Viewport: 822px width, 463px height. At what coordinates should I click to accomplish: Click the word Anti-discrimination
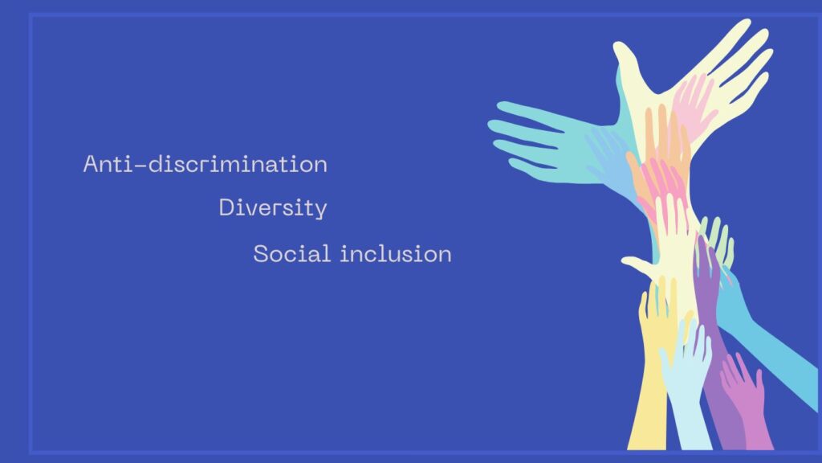(x=205, y=164)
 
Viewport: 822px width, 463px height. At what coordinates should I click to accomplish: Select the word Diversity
(x=273, y=208)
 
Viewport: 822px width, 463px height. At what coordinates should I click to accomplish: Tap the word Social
(x=292, y=253)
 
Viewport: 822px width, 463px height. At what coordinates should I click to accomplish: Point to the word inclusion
(x=396, y=253)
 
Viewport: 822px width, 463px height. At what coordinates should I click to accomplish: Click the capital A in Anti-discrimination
(x=92, y=164)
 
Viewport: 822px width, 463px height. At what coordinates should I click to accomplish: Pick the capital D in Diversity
(x=226, y=208)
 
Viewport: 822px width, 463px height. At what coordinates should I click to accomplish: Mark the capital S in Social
(x=261, y=254)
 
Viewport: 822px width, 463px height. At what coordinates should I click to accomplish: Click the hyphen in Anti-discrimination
(x=140, y=166)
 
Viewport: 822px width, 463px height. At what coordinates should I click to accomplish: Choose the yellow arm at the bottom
(x=650, y=378)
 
